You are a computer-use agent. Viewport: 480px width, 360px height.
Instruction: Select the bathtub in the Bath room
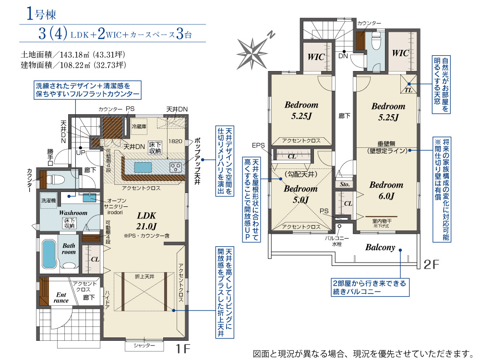tap(49, 253)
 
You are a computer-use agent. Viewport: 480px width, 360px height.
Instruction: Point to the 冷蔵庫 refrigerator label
tap(139, 127)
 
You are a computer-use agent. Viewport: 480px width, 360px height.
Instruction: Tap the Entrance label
tap(61, 298)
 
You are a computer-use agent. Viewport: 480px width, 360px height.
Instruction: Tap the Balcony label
tap(380, 248)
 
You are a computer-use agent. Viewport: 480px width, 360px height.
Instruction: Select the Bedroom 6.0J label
tap(386, 190)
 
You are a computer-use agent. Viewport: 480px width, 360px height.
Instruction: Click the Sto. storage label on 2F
tap(345, 184)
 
